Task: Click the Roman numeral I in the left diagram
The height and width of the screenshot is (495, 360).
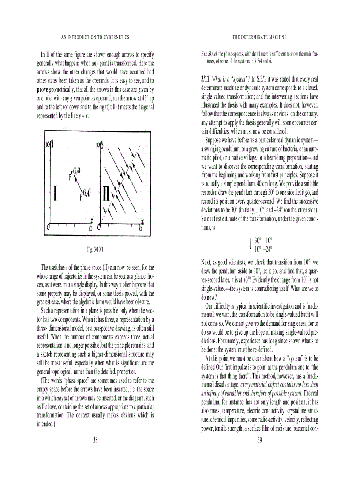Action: click(55, 194)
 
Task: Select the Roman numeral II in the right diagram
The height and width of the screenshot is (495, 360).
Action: click(106, 194)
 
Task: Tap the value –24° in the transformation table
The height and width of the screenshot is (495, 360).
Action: click(267, 249)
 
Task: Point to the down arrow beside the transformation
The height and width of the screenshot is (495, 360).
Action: click(250, 245)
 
